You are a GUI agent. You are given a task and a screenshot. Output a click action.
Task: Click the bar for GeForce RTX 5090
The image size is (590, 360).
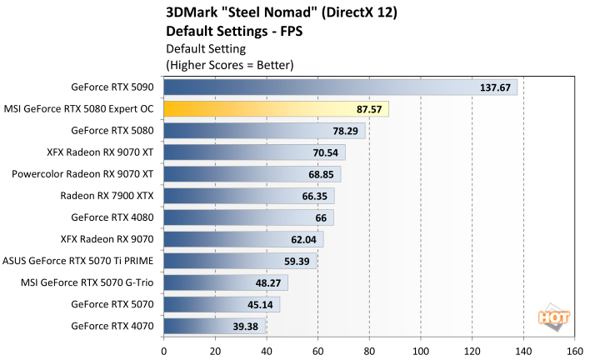340,87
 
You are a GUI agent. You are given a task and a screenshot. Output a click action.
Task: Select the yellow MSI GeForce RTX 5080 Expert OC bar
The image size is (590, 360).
276,109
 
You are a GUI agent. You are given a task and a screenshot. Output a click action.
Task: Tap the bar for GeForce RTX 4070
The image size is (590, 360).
215,326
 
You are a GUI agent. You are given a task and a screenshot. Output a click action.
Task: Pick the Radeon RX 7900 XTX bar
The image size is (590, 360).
249,196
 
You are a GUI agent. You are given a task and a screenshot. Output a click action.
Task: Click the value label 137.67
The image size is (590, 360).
496,87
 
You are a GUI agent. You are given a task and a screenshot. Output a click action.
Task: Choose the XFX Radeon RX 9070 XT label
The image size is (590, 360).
101,152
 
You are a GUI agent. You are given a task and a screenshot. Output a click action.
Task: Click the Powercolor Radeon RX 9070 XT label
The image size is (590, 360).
82,174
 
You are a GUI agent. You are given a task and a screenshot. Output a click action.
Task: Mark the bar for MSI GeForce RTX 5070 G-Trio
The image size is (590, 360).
226,282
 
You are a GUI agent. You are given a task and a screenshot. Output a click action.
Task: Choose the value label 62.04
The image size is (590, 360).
302,239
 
